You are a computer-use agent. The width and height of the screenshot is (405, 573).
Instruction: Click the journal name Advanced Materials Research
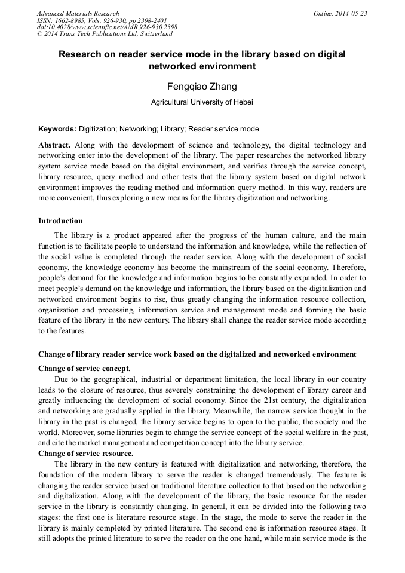(78, 13)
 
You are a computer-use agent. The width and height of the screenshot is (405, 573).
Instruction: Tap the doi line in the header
(107, 27)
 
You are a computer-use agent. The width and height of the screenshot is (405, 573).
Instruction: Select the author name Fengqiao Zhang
(202, 87)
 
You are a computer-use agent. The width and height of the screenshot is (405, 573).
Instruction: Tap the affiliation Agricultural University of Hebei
(202, 102)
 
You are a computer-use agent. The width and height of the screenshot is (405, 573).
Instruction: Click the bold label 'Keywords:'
(57, 129)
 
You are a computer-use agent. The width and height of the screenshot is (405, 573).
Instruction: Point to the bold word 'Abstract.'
(55, 145)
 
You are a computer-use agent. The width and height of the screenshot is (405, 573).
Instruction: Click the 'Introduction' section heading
(60, 221)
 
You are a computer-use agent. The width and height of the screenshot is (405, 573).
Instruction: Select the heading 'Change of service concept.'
(84, 368)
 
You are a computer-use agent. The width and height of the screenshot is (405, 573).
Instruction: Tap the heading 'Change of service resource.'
(85, 454)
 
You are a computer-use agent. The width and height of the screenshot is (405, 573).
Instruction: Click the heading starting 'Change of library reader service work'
(197, 354)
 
